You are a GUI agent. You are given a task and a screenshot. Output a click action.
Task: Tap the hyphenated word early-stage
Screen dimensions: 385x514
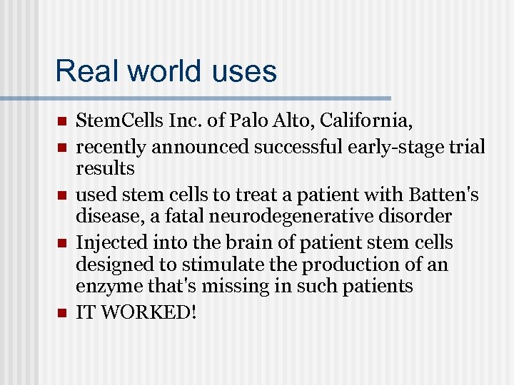(400, 147)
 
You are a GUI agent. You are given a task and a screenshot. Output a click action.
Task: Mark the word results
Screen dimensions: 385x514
(105, 168)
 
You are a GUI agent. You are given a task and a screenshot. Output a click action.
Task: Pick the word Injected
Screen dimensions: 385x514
(109, 242)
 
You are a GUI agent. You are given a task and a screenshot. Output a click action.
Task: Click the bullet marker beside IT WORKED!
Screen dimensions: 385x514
(62, 312)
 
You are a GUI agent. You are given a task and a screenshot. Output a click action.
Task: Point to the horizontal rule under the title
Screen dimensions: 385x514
(196, 98)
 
